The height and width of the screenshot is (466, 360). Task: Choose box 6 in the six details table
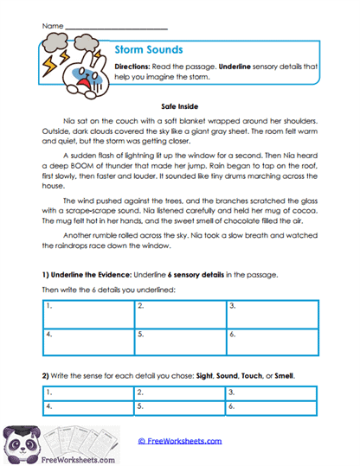pyautogui.click(x=272, y=340)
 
